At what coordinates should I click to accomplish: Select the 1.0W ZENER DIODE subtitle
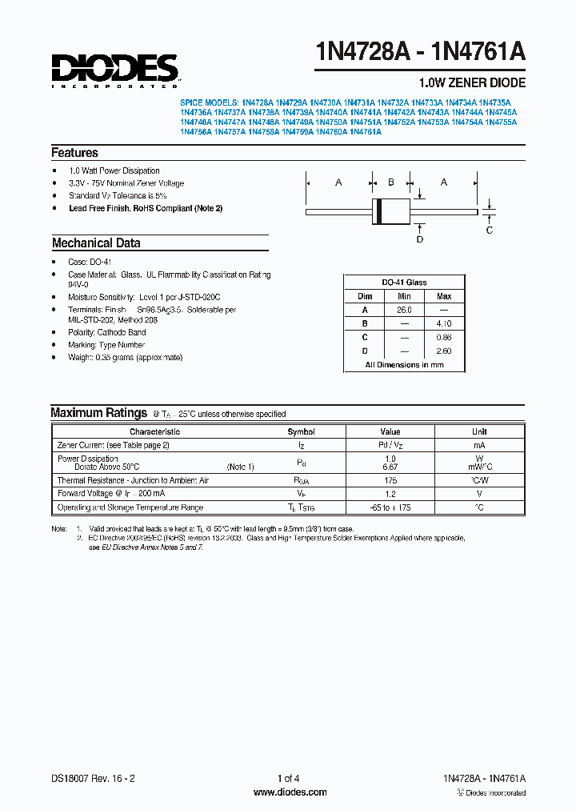472,83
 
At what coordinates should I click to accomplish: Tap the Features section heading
74,153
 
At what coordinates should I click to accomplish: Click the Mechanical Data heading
96,243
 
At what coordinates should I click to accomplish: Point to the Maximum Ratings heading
98,413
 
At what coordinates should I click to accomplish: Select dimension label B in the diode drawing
390,182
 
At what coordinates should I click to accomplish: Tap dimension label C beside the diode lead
490,231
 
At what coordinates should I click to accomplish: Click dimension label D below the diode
419,239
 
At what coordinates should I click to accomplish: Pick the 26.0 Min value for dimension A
404,310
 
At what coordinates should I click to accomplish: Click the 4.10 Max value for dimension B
444,323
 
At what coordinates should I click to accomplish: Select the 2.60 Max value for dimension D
444,351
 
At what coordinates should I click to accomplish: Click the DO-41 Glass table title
404,283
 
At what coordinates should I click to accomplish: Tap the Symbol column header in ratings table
301,431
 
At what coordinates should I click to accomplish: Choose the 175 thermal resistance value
390,480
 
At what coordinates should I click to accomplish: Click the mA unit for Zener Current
479,445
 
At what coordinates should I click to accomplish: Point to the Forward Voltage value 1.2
390,494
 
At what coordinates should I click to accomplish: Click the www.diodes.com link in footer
290,792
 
